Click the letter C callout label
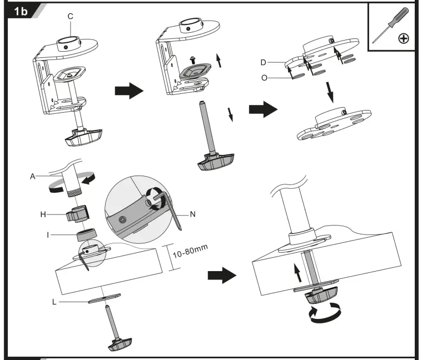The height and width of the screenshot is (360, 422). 71,16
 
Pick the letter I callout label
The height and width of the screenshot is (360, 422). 50,235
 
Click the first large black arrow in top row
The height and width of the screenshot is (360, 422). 125,92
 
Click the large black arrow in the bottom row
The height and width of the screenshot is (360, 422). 221,274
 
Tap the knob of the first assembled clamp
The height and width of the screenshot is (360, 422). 82,137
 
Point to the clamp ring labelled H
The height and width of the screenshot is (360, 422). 77,213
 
